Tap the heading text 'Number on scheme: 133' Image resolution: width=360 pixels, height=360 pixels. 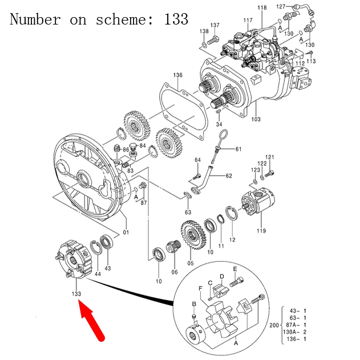pos(99,19)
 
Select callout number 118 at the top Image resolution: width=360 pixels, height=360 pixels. pos(261,7)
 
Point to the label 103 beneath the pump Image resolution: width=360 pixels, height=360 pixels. pos(256,120)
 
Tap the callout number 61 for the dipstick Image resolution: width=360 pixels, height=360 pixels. pos(238,149)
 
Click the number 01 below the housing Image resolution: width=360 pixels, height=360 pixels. pos(126,232)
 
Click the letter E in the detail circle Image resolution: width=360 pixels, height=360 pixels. pos(234,269)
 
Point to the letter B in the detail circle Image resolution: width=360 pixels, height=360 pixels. pos(194,304)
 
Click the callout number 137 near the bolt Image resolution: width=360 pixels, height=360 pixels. pos(215,26)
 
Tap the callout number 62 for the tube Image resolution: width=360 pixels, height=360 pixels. pos(228,176)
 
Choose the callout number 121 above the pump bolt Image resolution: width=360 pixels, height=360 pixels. pos(270,157)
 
